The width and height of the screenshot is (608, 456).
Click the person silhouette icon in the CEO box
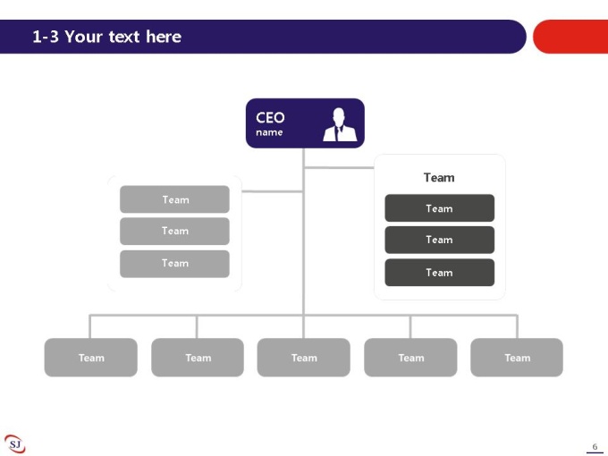340,124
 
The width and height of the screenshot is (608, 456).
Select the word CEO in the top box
270,117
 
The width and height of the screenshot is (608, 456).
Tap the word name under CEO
269,132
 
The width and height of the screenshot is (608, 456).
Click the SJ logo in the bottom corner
14,443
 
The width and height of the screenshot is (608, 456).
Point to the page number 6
595,447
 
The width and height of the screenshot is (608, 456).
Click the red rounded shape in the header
570,37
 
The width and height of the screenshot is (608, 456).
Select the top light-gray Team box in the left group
174,199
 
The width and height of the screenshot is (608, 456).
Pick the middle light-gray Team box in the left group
174,231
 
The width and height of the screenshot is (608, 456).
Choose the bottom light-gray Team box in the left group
174,264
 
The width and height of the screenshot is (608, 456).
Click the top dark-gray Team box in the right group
439,208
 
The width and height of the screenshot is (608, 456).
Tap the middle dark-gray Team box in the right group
439,240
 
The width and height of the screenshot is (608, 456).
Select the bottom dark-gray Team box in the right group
439,273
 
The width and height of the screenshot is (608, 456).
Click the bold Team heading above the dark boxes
439,178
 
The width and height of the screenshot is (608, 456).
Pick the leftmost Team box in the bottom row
90,358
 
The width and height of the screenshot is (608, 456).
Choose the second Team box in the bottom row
198,358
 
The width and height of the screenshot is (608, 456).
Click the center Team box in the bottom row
304,358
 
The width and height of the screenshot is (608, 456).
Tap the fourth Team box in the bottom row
410,358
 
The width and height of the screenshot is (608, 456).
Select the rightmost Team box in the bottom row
517,358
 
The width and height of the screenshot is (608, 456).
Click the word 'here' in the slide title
164,37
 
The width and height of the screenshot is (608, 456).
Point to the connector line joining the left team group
272,191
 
